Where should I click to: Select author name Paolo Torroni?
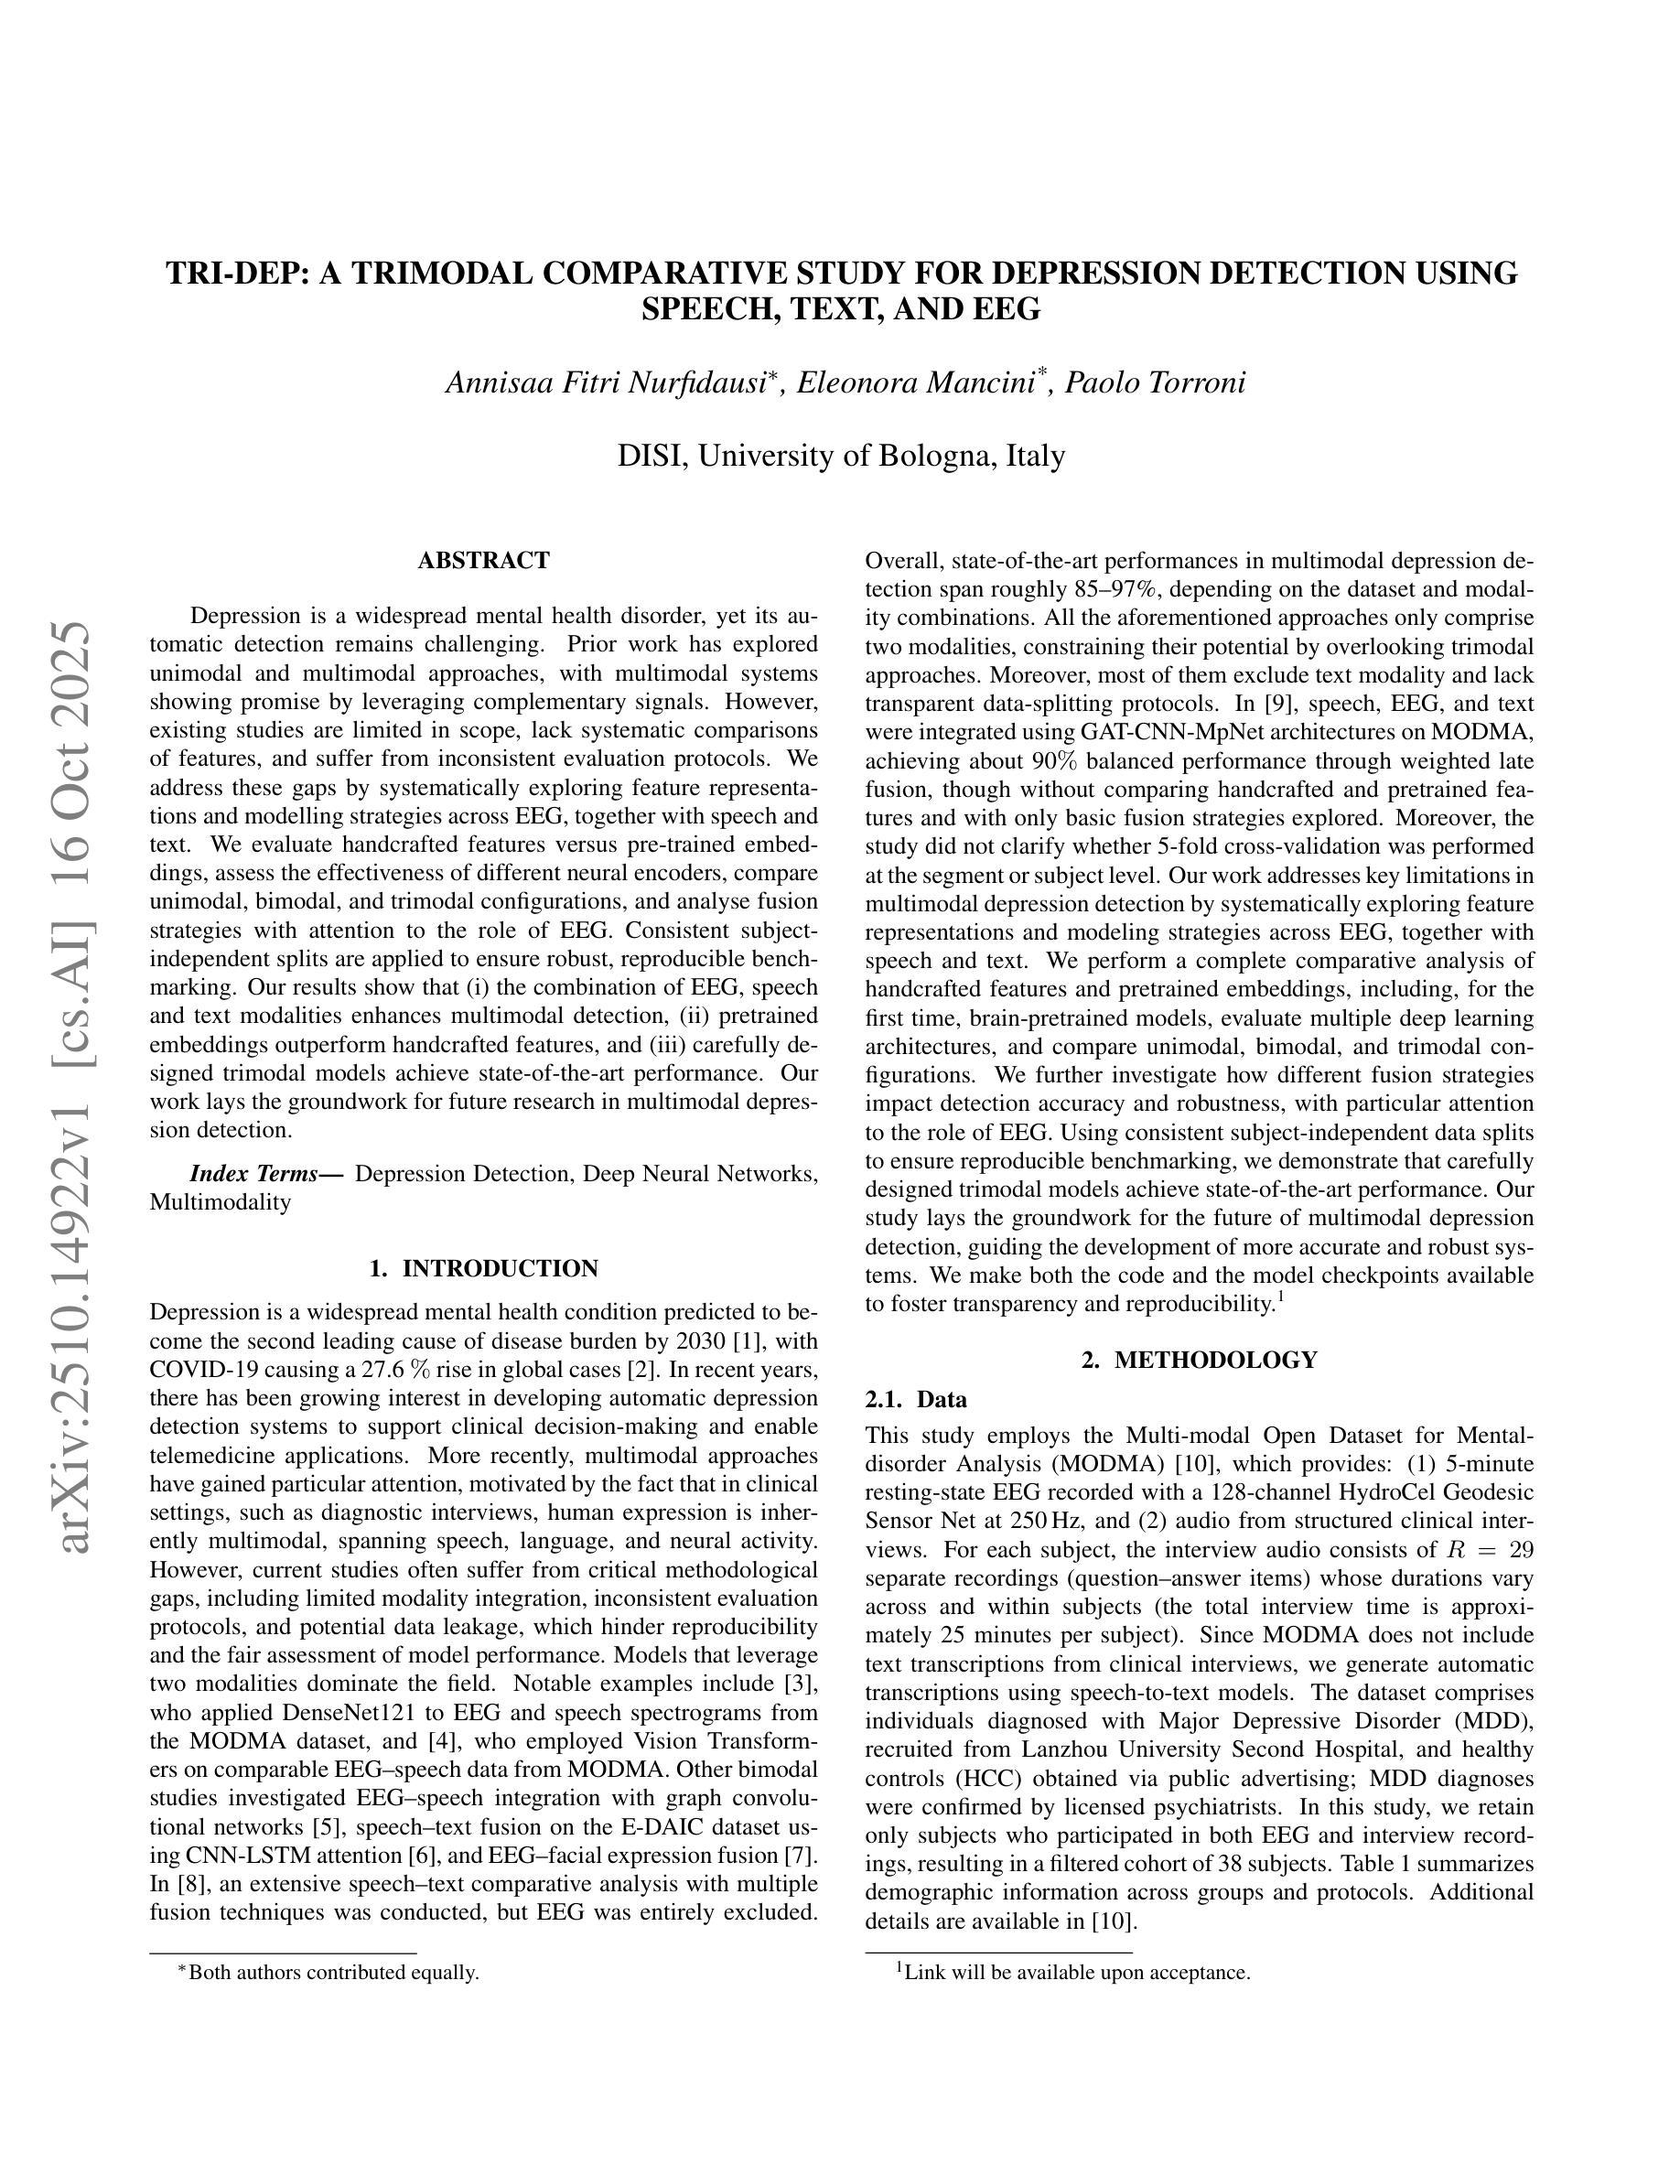click(x=1155, y=382)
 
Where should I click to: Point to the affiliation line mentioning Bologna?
click(x=841, y=455)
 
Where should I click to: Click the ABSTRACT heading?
click(x=484, y=560)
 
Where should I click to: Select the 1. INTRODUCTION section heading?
click(x=484, y=1268)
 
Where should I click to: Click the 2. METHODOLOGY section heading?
click(x=1200, y=1360)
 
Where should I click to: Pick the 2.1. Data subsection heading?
click(x=916, y=1400)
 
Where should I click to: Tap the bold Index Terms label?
click(x=265, y=1174)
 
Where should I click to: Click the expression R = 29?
click(x=1487, y=1550)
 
